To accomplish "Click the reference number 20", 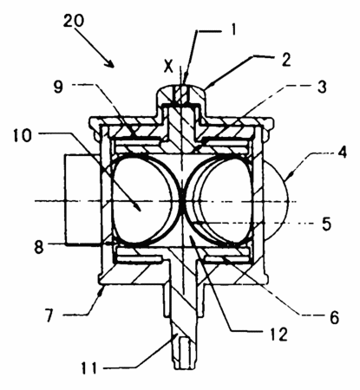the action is (x=74, y=21).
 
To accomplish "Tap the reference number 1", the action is (x=232, y=29).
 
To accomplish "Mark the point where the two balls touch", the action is (x=182, y=200).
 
